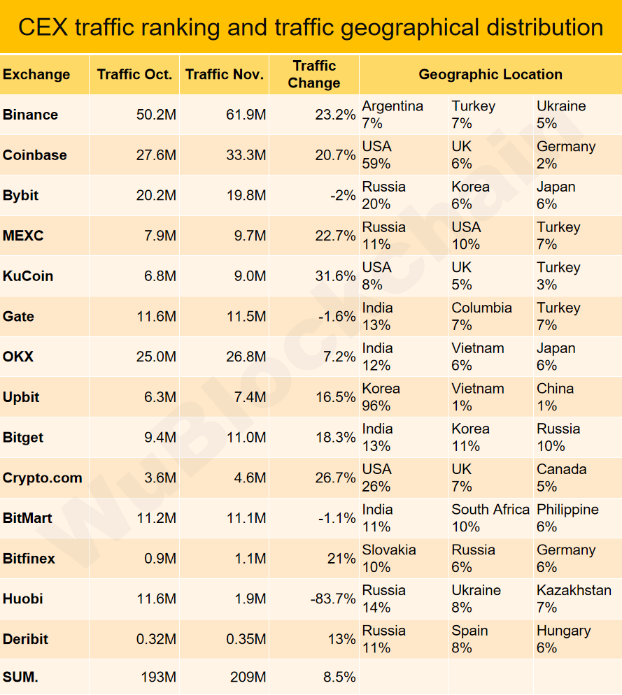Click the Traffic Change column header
point(314,74)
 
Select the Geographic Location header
point(490,74)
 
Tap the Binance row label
point(31,115)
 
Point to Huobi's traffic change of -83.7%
point(332,599)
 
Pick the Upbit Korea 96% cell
point(381,397)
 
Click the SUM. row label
point(21,677)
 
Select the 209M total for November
point(248,677)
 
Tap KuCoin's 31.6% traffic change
point(335,276)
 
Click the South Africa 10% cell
point(490,518)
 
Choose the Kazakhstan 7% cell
point(574,599)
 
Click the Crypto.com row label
point(43,478)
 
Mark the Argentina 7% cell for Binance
point(393,115)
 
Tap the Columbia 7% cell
point(481,316)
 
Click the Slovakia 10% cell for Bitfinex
point(389,558)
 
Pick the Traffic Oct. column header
point(134,74)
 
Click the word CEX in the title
point(43,27)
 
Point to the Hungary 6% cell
point(563,639)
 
